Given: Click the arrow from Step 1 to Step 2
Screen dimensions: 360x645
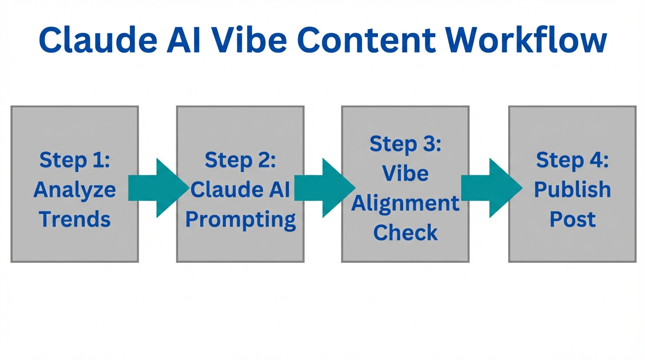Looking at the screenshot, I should (157, 188).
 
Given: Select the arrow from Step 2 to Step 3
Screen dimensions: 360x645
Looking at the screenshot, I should (323, 188).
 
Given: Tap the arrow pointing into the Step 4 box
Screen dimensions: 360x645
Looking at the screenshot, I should (490, 188).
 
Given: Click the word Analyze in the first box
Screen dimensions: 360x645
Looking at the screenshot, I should (75, 190).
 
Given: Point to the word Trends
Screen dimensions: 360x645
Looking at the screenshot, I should (75, 219).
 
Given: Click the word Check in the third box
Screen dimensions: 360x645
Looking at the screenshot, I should (405, 232).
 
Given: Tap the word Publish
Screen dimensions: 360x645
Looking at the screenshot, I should (572, 190).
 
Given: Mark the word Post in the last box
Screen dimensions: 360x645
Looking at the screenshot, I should (572, 219).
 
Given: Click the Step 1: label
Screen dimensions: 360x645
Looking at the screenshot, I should (75, 160).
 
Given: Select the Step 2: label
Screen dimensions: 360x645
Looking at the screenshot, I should (240, 160).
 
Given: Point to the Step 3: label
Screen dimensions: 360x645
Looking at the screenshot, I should (405, 144).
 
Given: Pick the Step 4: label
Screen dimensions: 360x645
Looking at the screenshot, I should (572, 160).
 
